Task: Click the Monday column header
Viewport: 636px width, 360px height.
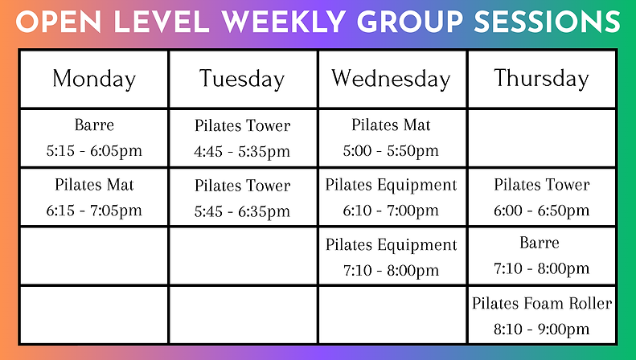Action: click(94, 79)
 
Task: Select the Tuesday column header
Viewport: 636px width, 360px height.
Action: click(242, 79)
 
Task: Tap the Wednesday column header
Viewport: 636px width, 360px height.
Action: click(391, 79)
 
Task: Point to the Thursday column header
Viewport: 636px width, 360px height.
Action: click(541, 78)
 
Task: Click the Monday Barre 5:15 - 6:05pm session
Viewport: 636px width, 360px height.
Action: click(94, 137)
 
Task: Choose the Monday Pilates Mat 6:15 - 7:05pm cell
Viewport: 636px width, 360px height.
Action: click(94, 198)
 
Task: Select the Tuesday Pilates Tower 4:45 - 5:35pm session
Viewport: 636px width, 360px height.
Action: click(242, 138)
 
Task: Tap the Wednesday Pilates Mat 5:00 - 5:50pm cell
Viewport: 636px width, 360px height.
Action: click(391, 137)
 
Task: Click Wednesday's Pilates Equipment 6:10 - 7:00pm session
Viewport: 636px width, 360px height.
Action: click(391, 198)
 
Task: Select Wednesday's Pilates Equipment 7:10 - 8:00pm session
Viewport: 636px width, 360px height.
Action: click(391, 257)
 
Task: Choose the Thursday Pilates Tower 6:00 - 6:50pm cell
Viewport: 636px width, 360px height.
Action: click(541, 198)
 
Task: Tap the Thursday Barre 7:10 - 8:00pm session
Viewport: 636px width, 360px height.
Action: click(541, 256)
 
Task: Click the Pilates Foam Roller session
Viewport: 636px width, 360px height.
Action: click(541, 304)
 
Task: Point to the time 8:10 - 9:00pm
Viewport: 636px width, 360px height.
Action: click(541, 329)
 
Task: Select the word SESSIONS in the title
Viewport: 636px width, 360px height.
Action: click(548, 22)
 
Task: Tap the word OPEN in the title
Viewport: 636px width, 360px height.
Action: click(54, 22)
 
